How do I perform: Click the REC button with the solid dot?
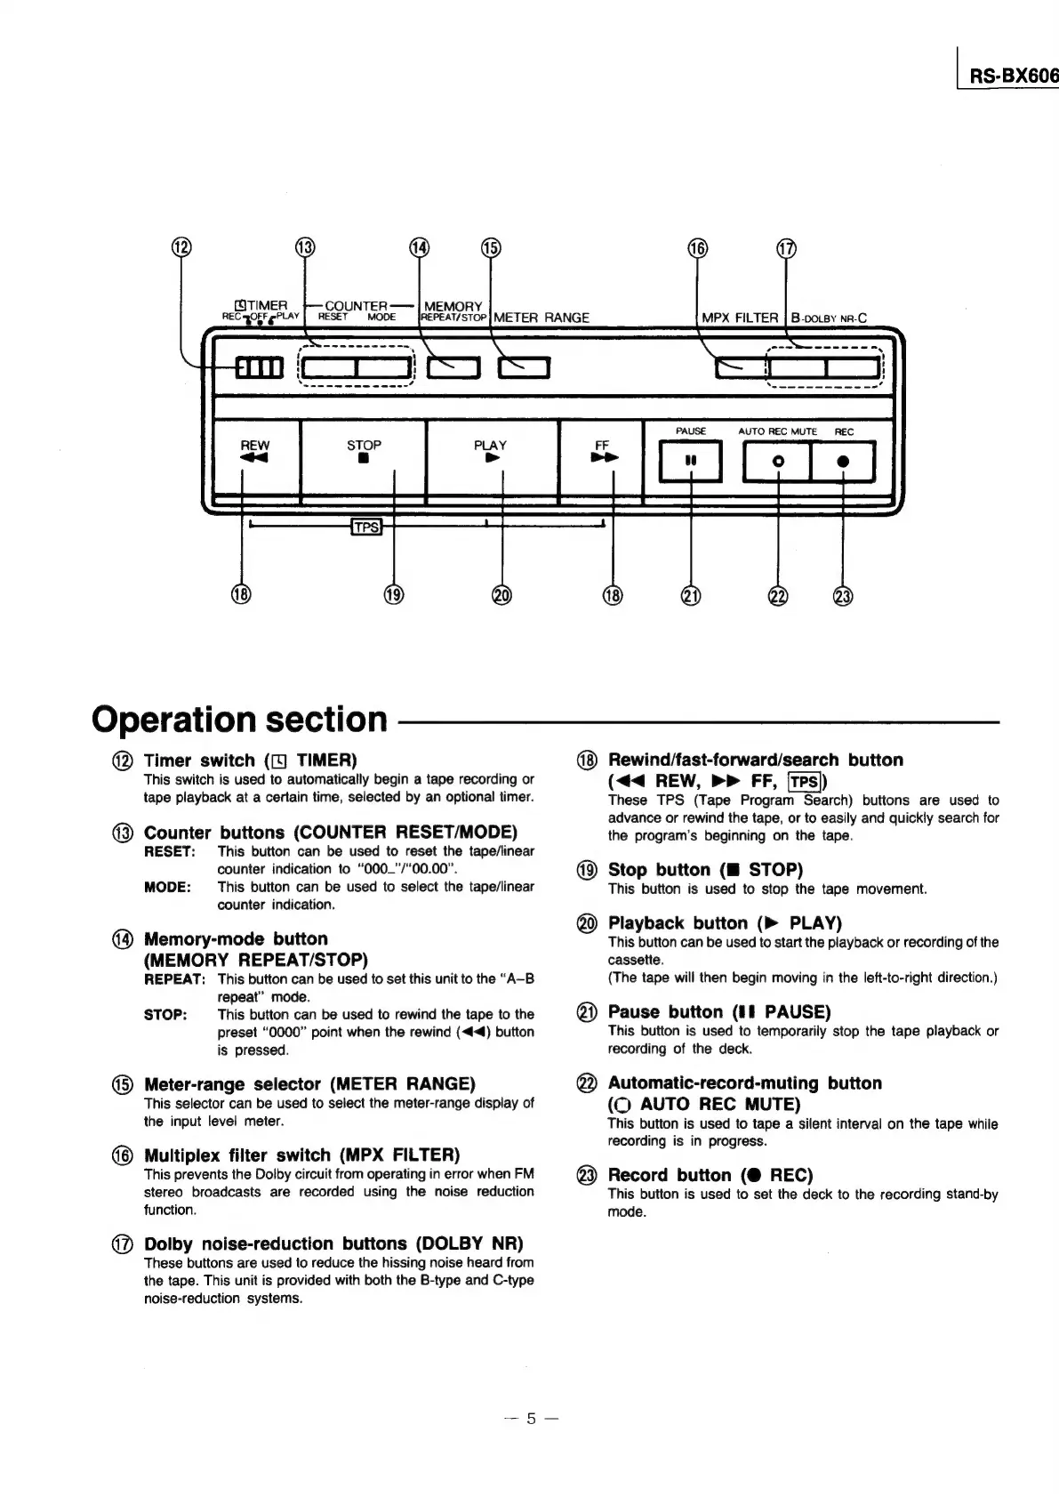click(843, 462)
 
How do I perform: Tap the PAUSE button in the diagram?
click(690, 462)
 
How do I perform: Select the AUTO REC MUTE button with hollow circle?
click(777, 462)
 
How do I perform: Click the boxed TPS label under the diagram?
click(366, 527)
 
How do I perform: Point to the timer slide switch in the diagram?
click(259, 366)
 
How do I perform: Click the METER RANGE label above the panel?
click(542, 318)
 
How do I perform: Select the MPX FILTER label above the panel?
click(740, 318)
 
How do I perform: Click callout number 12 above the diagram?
click(181, 247)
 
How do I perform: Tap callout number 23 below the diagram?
click(843, 596)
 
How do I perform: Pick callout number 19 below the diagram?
click(394, 595)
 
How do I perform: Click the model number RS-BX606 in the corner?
click(1013, 76)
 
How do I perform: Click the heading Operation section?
click(240, 719)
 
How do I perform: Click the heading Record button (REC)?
click(710, 1175)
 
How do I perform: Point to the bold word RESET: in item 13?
click(169, 851)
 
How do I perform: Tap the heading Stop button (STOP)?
click(704, 870)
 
